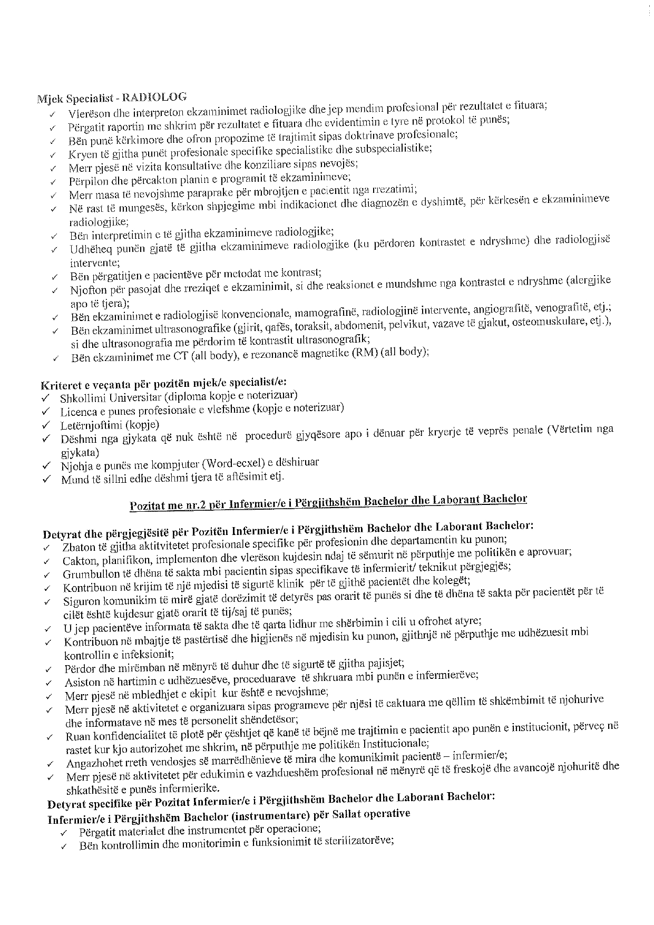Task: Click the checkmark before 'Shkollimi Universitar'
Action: (x=46, y=397)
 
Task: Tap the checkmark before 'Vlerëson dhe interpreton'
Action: (x=52, y=115)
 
